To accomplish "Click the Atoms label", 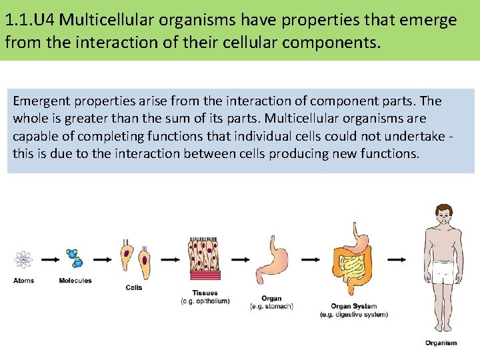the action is pos(23,281).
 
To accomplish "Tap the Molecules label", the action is pos(75,281).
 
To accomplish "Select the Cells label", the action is pos(134,287).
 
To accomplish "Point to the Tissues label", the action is pos(205,293).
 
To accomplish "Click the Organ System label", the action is pos(354,307).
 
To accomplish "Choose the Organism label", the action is pos(441,343).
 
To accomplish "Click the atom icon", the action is pos(24,259).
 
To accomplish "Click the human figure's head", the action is pos(442,214).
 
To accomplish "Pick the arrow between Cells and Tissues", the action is pos(169,259).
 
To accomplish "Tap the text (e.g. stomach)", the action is pos(271,306).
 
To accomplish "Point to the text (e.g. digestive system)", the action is pos(354,314).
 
